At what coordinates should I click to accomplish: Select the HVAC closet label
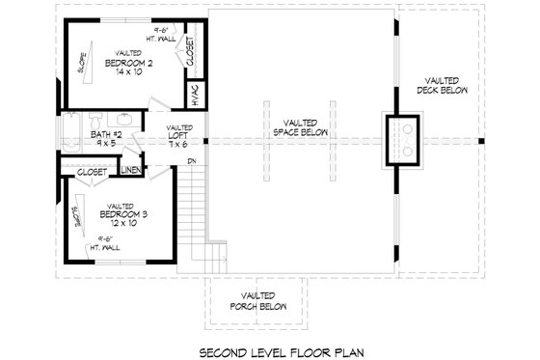[x=194, y=94]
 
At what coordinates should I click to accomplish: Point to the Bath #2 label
[x=107, y=135]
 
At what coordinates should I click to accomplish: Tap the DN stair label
[x=192, y=160]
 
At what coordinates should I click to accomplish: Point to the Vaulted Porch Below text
[x=254, y=301]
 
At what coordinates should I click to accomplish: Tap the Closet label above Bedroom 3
[x=93, y=171]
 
